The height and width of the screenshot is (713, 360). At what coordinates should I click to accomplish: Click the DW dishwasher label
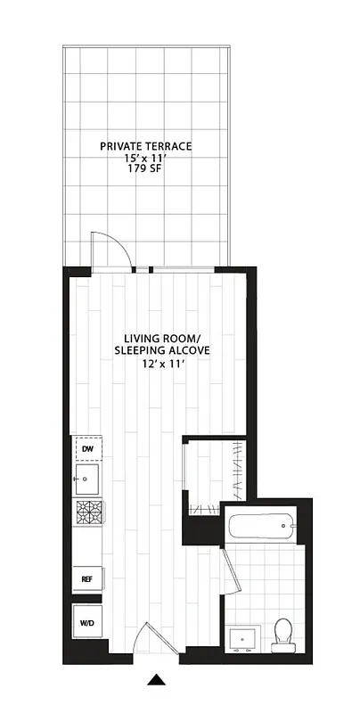point(87,448)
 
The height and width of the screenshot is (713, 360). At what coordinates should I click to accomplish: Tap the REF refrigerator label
point(87,578)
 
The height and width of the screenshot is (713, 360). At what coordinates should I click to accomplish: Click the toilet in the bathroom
point(284,633)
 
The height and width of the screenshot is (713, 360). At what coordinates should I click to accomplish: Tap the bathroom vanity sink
point(241,639)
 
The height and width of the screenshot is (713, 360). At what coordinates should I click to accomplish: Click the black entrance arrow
point(157,682)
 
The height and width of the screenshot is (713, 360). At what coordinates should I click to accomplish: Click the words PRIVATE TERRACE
point(145,145)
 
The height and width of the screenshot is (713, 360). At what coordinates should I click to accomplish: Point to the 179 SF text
point(145,170)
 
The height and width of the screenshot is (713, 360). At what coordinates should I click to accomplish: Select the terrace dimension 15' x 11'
point(145,158)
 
